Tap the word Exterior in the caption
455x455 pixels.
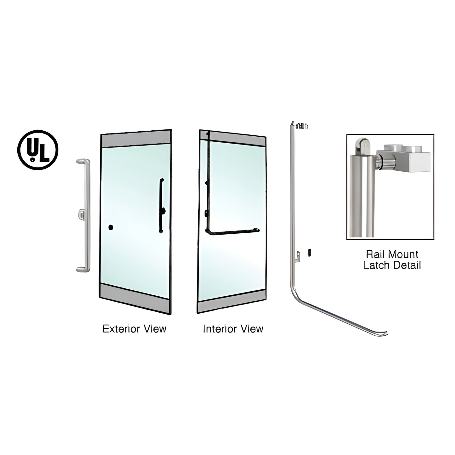tap(121, 329)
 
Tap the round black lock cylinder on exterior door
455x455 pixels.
tap(111, 227)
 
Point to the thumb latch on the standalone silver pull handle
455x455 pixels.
tap(81, 215)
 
